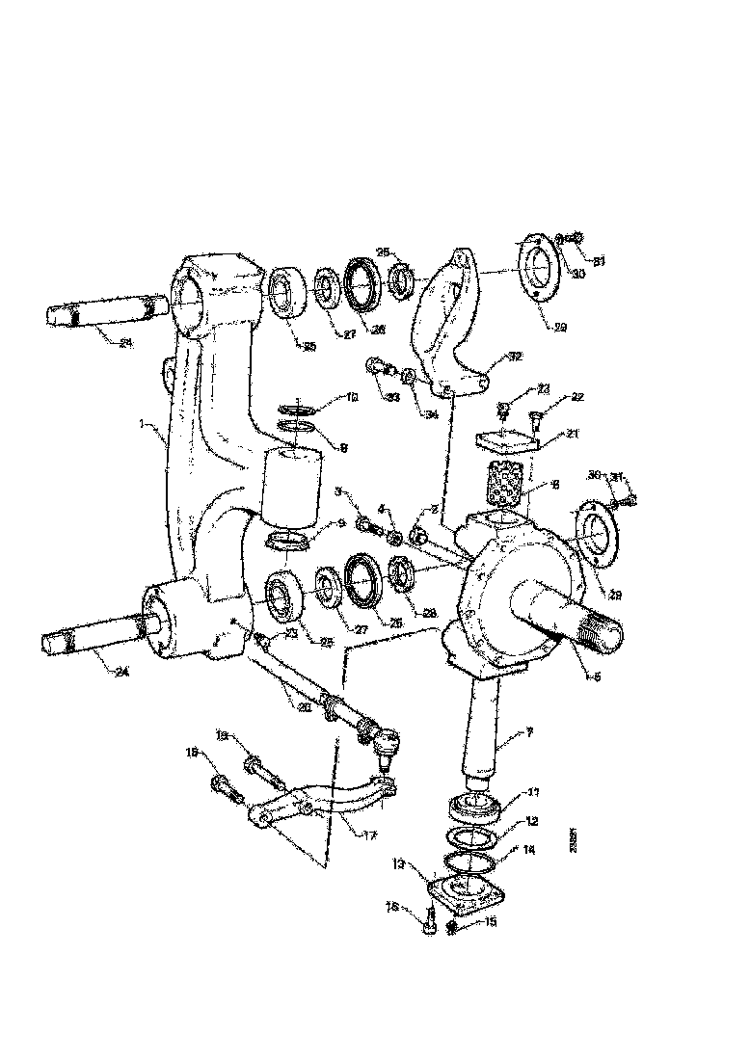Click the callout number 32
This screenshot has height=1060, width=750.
coord(517,356)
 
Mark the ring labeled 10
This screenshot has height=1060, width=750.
coord(298,411)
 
